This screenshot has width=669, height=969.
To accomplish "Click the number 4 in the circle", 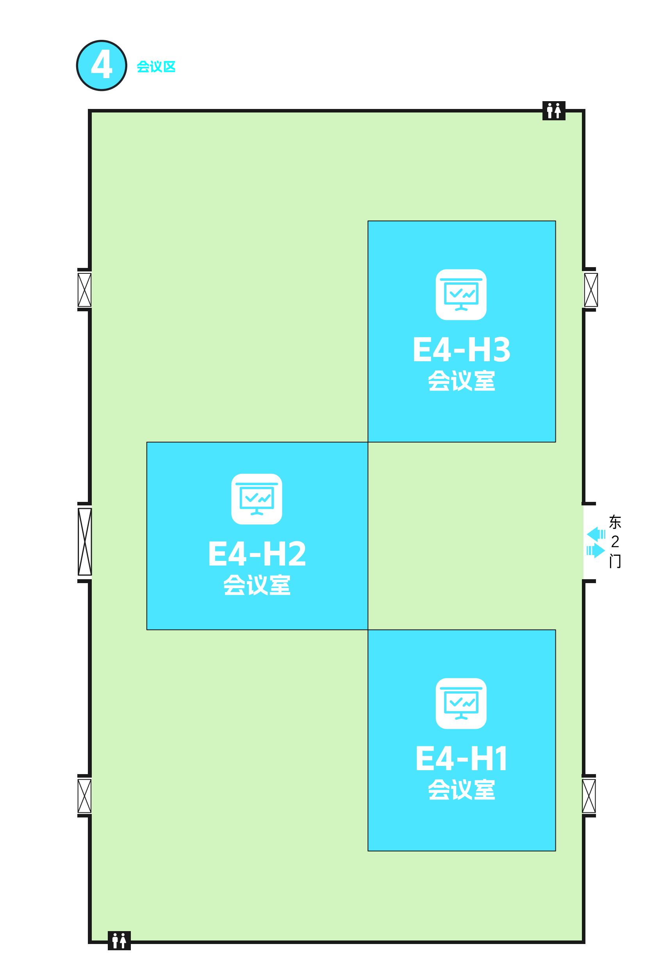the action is click(102, 66).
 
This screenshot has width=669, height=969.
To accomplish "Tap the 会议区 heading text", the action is click(156, 67).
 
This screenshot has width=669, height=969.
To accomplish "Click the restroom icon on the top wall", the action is click(554, 111).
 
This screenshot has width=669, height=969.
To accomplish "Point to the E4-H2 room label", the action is click(257, 554).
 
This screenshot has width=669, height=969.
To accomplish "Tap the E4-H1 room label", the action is click(462, 758).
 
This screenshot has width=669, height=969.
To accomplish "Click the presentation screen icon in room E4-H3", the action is click(461, 294).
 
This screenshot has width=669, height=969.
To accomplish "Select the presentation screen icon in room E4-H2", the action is click(257, 499).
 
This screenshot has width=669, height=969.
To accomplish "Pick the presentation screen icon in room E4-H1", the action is click(461, 704).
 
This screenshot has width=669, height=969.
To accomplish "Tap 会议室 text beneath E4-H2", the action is click(257, 585).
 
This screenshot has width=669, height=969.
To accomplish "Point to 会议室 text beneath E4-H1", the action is click(462, 790).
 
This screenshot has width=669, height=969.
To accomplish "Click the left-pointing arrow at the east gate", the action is click(596, 534).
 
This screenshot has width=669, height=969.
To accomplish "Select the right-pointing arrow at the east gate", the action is click(596, 550).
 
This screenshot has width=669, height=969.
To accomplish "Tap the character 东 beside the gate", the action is click(615, 522).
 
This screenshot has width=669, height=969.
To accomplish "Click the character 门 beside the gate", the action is click(615, 562).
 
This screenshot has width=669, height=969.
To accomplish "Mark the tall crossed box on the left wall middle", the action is click(85, 541).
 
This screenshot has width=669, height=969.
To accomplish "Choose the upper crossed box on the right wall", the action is click(591, 290).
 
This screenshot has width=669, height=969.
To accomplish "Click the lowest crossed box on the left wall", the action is click(84, 796).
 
